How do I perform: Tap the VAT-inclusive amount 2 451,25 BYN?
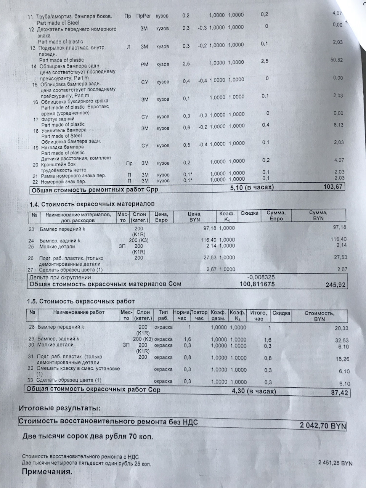coord(335,463)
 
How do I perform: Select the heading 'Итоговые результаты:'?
coord(60,408)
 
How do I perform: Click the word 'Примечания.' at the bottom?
coord(47,472)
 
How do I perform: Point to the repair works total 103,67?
coord(333,187)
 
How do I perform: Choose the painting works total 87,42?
coord(339,393)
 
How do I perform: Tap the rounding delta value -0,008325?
coord(261,278)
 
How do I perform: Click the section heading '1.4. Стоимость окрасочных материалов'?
coord(92,204)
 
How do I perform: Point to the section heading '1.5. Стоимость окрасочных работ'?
coord(81,302)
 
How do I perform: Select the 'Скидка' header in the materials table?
coord(249,213)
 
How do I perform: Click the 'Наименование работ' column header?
coord(79,312)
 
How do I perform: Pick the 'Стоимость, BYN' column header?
coord(319,316)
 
